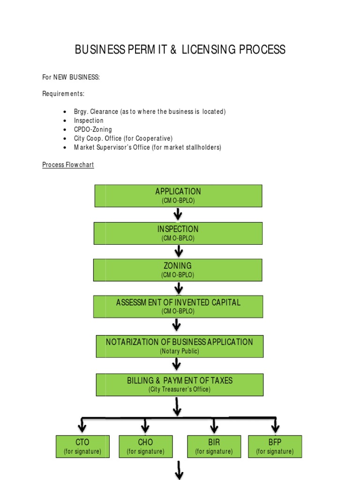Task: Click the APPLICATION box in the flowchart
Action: tap(178, 195)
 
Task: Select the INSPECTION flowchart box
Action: tap(178, 233)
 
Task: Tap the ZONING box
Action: tap(178, 270)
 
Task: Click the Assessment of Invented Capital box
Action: tap(178, 306)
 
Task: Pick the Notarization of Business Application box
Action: tap(180, 346)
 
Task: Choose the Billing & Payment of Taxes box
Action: tap(180, 384)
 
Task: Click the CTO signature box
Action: tap(82, 446)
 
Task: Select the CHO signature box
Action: tap(145, 446)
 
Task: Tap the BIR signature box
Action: tap(214, 446)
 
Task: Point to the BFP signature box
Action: tap(275, 446)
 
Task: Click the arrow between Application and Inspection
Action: tap(178, 215)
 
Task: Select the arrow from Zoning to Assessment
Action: tap(179, 289)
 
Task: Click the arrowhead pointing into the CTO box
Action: tap(82, 427)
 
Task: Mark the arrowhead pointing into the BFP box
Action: tap(275, 427)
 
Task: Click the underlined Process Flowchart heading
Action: tap(68, 165)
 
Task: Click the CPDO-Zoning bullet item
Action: tap(93, 129)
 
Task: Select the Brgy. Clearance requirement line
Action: tap(150, 112)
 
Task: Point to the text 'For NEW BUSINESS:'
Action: tap(71, 77)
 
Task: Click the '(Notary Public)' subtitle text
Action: tap(180, 351)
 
